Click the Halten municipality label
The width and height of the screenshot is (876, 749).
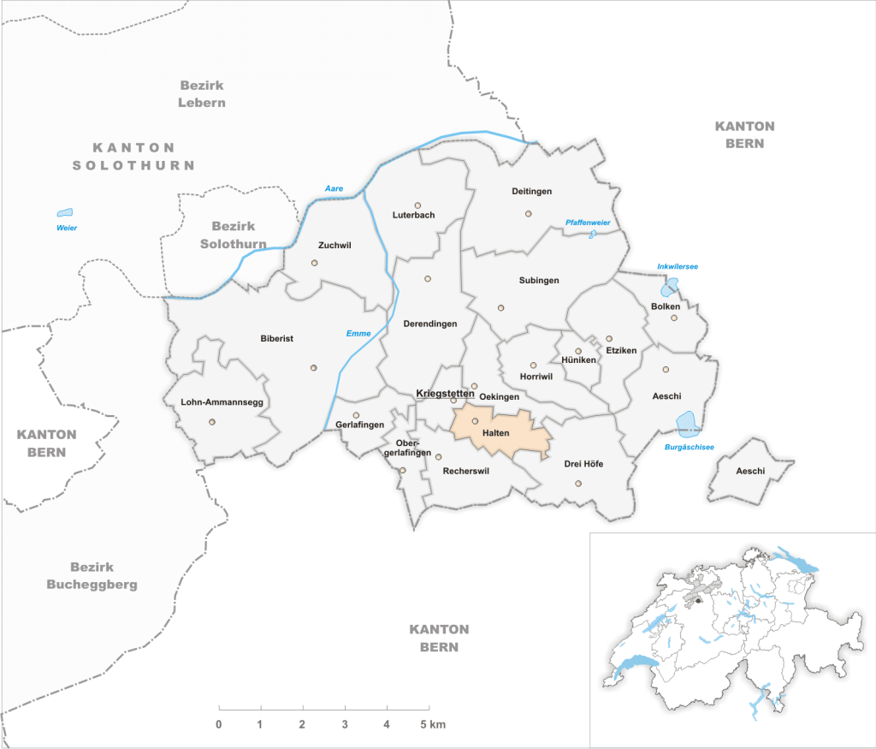[496, 433]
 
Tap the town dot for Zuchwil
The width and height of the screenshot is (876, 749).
[314, 263]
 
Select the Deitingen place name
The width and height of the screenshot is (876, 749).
[531, 191]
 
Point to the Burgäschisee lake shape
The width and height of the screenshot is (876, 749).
[686, 422]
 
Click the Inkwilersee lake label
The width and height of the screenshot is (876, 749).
[678, 266]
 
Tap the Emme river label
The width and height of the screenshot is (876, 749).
[358, 333]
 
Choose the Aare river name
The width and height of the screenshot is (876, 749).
[333, 188]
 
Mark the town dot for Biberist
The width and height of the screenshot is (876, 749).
[314, 368]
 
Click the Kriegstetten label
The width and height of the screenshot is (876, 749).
[445, 393]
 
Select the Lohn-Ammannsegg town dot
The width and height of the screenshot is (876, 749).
[212, 421]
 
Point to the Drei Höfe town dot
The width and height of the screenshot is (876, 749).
[578, 484]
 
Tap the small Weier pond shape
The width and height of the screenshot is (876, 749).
[65, 212]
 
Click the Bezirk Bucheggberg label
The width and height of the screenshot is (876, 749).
[104, 576]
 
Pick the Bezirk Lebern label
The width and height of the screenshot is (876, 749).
[202, 93]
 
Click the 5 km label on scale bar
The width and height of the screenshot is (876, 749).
[434, 725]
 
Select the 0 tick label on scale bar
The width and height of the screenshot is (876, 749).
[219, 725]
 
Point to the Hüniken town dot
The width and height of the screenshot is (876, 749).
[577, 351]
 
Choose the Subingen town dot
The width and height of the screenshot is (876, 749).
[501, 308]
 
